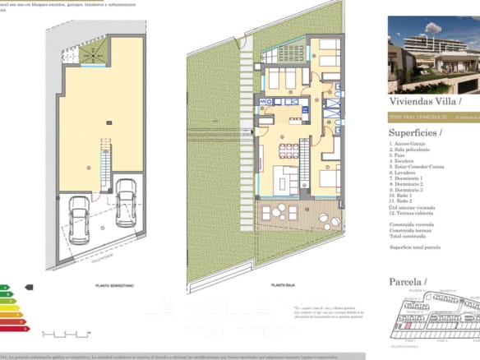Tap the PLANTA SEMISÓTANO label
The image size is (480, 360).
[104, 286]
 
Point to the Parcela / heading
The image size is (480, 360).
[408, 281]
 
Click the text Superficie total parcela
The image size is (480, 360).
[415, 247]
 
